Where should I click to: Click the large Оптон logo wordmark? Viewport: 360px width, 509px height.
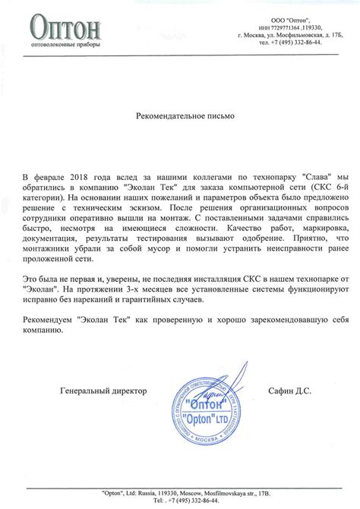coord(67,27)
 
